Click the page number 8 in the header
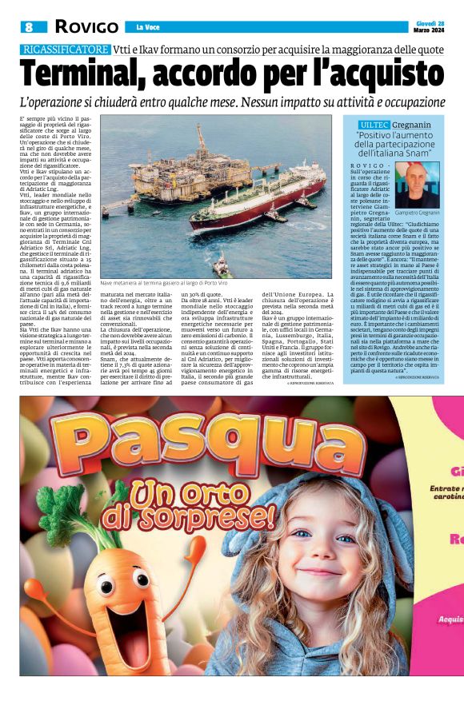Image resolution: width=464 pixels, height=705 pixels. tap(29, 27)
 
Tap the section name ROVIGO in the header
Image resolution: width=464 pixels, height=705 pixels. tap(86, 27)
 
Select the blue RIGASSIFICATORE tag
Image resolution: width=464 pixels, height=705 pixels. tap(65, 50)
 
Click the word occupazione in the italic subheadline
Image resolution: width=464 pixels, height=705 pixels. tap(399, 102)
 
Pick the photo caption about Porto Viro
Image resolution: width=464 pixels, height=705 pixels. tap(164, 283)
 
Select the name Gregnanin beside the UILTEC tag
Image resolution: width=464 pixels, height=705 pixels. tap(413, 125)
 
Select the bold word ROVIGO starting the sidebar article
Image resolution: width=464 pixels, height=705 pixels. tap(366, 164)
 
